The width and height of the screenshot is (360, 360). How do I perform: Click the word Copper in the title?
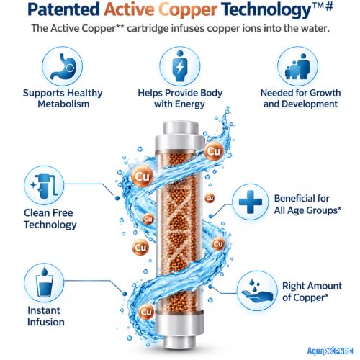[188, 10]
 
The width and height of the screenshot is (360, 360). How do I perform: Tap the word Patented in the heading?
[64, 9]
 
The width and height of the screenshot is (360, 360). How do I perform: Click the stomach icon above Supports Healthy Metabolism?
[63, 66]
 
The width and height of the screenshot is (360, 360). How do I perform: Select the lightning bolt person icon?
[180, 66]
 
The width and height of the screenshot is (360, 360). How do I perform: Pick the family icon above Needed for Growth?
[297, 66]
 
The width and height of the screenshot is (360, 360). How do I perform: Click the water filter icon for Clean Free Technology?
[45, 186]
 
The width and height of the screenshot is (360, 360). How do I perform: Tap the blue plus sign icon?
[251, 202]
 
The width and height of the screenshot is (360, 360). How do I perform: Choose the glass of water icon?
[44, 282]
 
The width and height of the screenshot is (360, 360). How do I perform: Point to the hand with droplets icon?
[257, 291]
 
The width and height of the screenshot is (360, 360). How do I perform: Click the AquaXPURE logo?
[330, 351]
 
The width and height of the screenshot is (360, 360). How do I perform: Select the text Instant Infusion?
[46, 316]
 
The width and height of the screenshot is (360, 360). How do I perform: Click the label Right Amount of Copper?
[312, 292]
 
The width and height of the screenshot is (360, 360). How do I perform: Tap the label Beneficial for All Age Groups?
[307, 204]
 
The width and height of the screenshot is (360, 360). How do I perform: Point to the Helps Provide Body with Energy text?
[180, 99]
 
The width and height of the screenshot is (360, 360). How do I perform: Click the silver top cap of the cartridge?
[181, 136]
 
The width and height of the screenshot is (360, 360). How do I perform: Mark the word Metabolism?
[63, 104]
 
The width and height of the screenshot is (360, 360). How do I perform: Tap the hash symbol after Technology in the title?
[330, 6]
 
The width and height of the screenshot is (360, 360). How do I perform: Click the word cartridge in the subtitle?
[148, 29]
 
